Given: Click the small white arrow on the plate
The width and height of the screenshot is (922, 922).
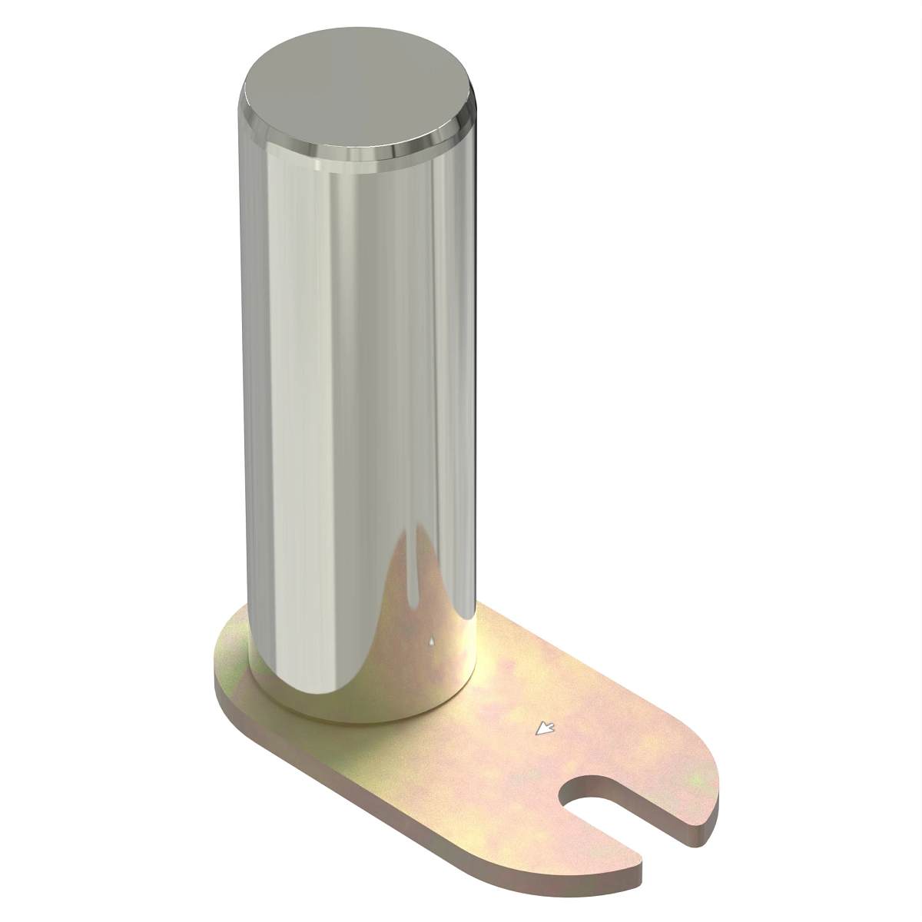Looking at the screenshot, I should [546, 728].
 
